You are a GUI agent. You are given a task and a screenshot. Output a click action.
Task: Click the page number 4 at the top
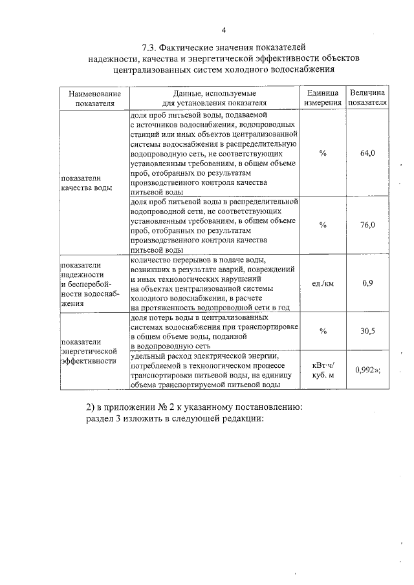224,30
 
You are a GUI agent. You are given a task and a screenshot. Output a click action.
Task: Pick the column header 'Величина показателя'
367,98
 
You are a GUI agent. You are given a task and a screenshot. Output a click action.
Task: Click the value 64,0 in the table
367,153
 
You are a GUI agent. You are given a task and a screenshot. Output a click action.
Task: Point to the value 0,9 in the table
367,283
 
